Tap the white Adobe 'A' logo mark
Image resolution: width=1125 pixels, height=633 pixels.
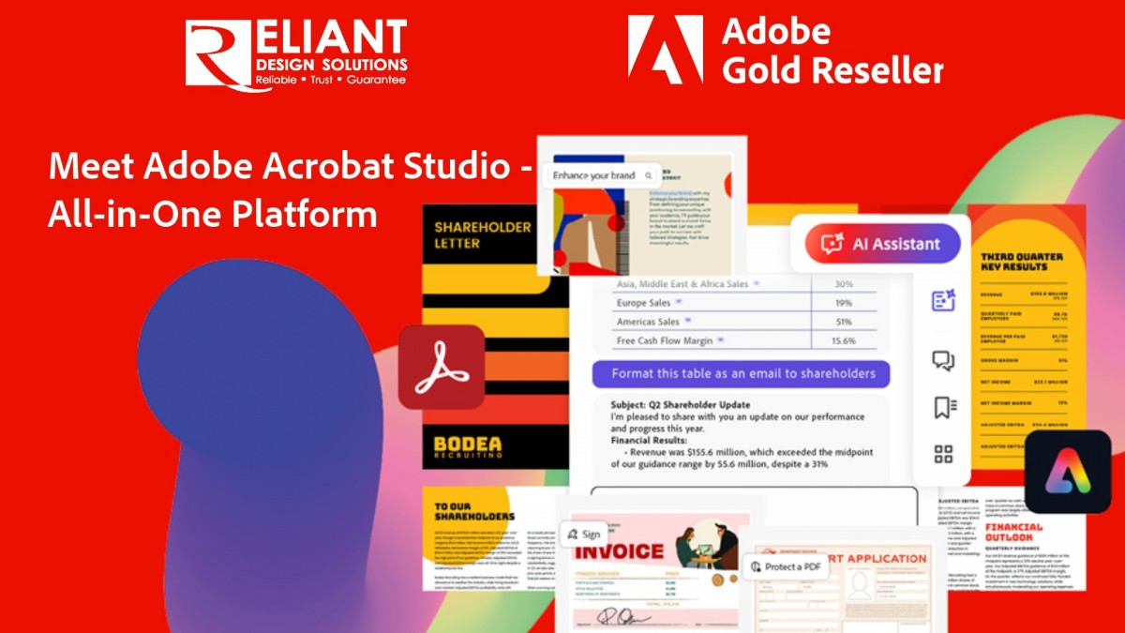pos(665,50)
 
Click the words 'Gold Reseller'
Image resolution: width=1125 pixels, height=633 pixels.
pos(832,69)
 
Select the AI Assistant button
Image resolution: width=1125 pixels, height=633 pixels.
pos(882,244)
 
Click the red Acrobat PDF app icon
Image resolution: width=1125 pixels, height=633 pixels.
pos(441,368)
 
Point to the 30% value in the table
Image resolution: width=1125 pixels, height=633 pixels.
pos(843,283)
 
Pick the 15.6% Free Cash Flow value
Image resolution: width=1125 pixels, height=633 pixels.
pos(843,340)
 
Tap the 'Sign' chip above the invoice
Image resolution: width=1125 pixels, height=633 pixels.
pos(582,534)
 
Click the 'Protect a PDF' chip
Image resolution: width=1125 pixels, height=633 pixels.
pos(785,566)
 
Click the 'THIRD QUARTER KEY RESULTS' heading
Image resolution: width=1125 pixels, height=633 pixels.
pos(1021,262)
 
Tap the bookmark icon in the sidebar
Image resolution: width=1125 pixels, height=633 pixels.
pos(943,407)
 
